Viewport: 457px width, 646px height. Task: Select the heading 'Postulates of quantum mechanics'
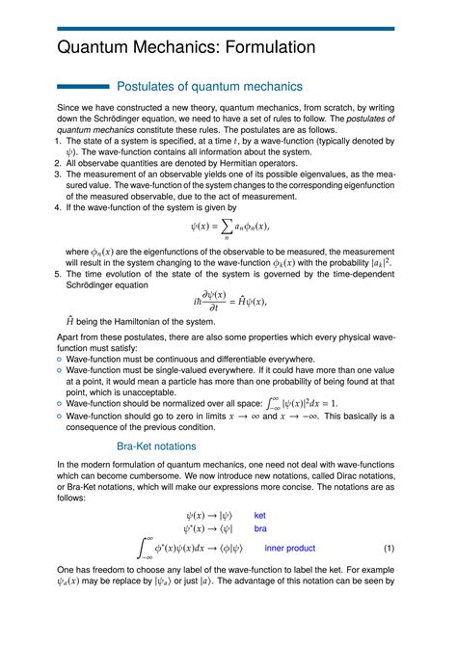pos(209,88)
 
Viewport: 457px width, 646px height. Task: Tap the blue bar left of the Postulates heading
pos(82,88)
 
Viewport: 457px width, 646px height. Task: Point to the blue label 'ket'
pos(259,516)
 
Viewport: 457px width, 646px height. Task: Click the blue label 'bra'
pos(259,529)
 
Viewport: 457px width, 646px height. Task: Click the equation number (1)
pos(389,549)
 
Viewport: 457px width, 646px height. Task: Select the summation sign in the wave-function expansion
pos(214,229)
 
